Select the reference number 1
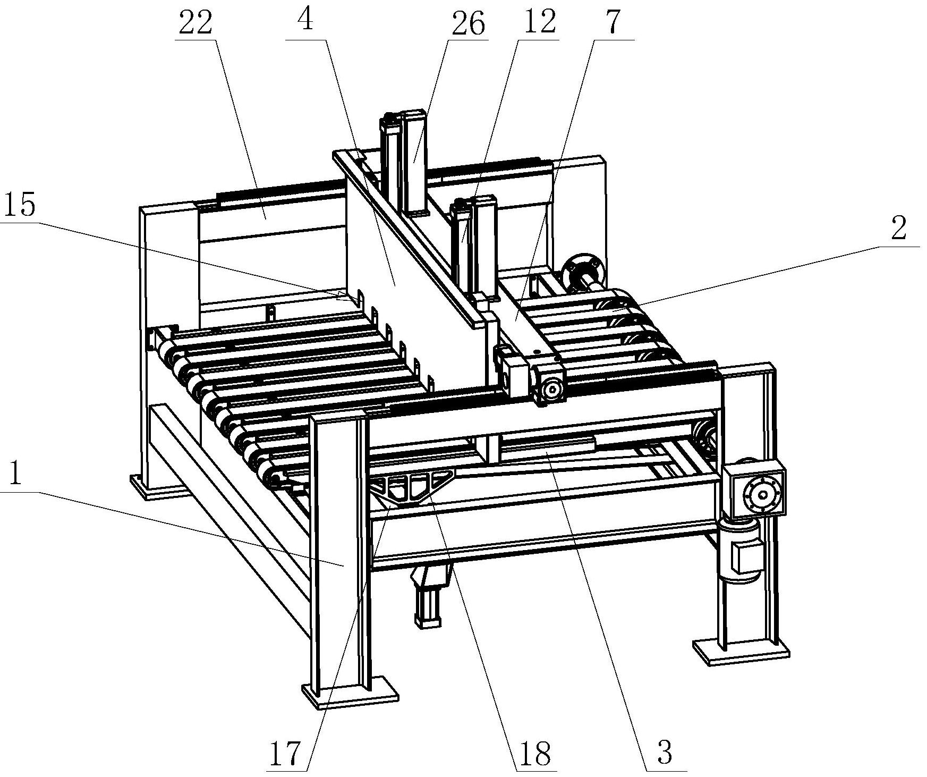[15, 475]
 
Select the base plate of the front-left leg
[351, 692]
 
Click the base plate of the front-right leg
[742, 653]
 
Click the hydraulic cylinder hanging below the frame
[430, 594]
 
